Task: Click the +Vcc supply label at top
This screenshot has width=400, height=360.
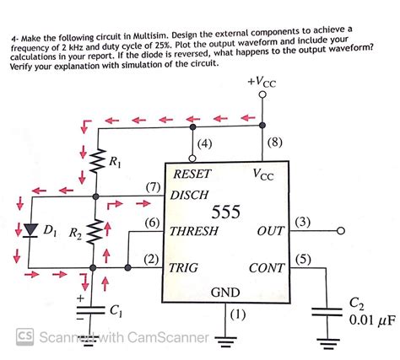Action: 262,83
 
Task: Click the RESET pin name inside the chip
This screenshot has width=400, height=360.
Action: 191,175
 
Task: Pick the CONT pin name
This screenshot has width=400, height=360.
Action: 268,268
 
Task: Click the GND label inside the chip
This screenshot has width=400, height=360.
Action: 224,292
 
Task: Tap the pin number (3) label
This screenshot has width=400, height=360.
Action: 304,222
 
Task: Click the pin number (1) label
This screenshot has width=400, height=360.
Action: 237,314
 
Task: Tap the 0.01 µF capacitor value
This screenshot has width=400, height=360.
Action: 367,320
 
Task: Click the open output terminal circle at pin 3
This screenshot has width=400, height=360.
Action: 342,231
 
